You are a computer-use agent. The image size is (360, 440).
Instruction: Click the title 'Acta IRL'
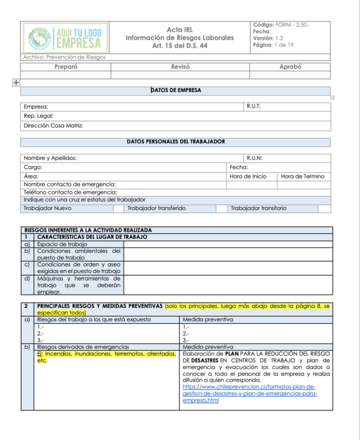click(179, 29)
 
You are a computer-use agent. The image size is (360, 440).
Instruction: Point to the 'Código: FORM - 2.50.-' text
click(281, 24)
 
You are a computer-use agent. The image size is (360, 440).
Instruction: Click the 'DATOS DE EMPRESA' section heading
click(175, 90)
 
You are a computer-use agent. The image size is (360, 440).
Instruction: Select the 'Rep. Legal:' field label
click(38, 116)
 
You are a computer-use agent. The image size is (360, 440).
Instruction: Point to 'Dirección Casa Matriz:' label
click(53, 126)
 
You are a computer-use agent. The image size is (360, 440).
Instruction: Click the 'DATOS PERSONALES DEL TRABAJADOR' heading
click(175, 142)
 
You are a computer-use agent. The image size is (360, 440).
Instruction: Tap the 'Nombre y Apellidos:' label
click(50, 158)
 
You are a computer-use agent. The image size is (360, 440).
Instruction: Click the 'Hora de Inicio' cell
click(248, 176)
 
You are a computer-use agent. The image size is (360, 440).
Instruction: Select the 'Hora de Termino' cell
click(302, 176)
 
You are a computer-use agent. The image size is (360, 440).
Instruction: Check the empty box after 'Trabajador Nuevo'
click(118, 209)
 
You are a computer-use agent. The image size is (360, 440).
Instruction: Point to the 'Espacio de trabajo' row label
click(62, 244)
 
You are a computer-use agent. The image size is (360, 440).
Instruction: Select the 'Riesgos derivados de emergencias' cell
click(74, 346)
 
